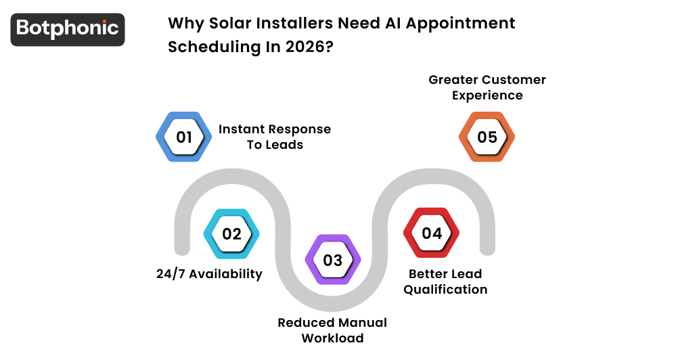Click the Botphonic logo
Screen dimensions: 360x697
tap(68, 29)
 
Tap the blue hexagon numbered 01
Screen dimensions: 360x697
tap(184, 137)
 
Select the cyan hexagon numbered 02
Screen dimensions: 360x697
tap(231, 234)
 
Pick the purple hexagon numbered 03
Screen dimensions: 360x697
tap(332, 261)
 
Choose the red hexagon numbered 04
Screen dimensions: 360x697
tap(432, 233)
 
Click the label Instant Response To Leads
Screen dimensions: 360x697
tap(275, 137)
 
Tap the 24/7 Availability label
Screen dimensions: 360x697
tap(209, 274)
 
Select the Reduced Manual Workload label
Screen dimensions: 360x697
tap(332, 330)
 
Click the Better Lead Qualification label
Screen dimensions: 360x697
tap(445, 282)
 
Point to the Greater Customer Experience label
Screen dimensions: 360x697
tap(487, 87)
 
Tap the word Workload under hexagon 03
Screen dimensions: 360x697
tap(332, 338)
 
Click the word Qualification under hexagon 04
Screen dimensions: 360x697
tap(445, 290)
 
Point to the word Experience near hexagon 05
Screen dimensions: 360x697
tap(487, 95)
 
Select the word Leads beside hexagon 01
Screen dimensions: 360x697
tap(284, 145)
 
